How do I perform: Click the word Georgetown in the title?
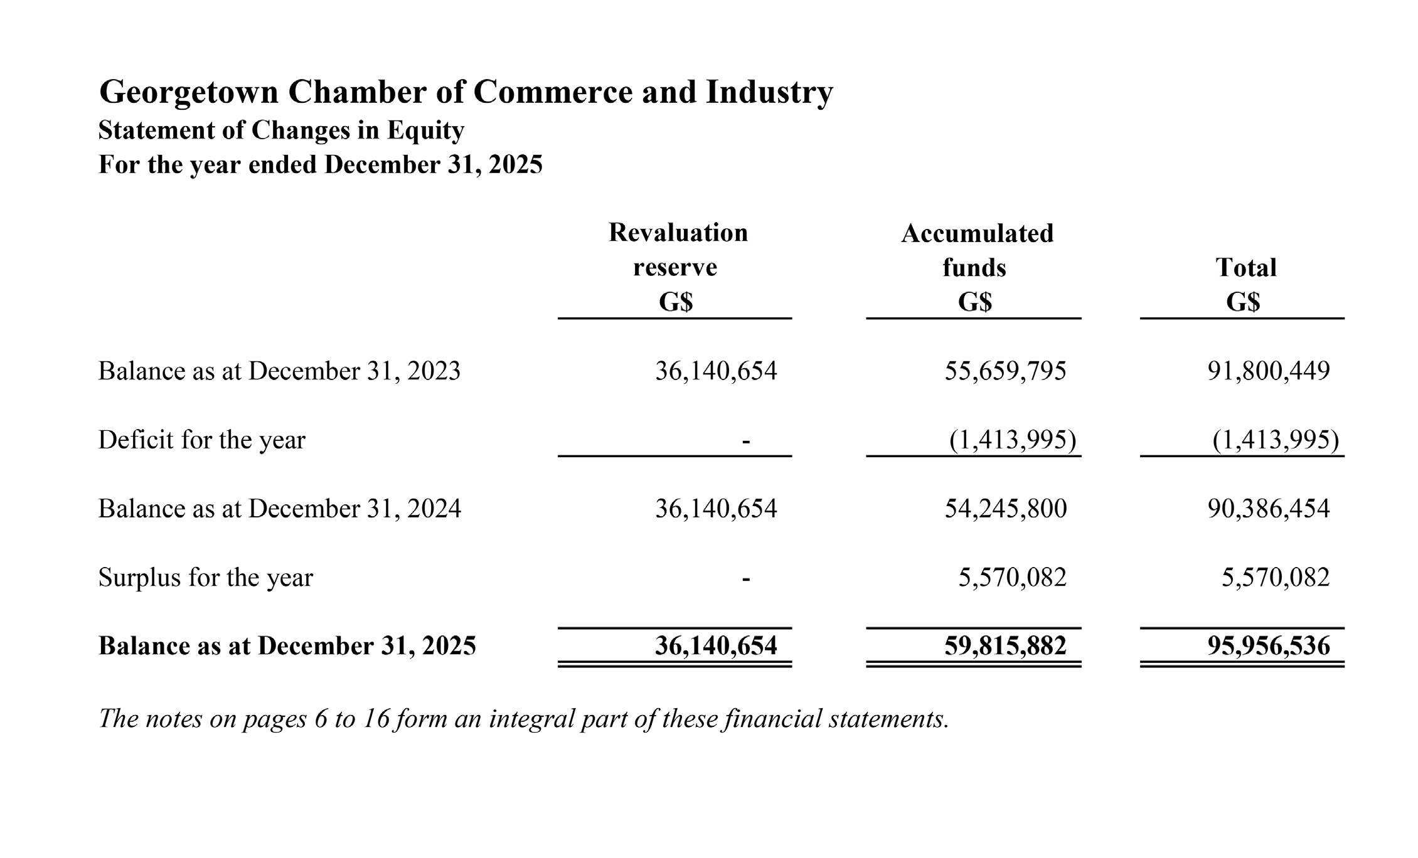coord(188,92)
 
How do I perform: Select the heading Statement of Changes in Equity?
coord(281,130)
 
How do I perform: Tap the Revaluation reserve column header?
coord(678,250)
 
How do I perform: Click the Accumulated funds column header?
coord(977,250)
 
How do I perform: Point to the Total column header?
coord(1245,268)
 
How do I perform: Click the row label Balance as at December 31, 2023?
coord(279,371)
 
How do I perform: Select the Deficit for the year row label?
coord(201,440)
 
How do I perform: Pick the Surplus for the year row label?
coord(205,578)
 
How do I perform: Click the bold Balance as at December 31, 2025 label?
coord(287,646)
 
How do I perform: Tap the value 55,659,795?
coord(1005,371)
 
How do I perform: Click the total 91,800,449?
coord(1268,371)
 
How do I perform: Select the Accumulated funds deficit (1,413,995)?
coord(1012,440)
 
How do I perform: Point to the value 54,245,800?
coord(1005,509)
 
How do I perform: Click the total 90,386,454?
coord(1268,509)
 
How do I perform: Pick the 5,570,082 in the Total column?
coord(1275,578)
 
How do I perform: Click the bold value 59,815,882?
coord(1005,646)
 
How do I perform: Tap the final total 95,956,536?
coord(1268,646)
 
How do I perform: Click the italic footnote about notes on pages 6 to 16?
coord(523,719)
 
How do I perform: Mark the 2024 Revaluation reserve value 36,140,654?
coord(716,509)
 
